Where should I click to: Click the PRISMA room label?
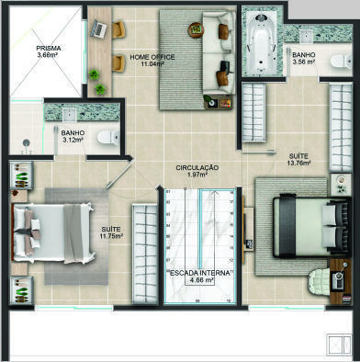point(49,49)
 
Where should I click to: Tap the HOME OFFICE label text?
point(152,57)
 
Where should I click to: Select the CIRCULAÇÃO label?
point(197,168)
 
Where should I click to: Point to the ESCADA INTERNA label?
point(199,273)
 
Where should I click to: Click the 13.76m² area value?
point(298,163)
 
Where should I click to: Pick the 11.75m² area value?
point(111,236)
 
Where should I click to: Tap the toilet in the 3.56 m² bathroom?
point(342,61)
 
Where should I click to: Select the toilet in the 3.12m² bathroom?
point(108,138)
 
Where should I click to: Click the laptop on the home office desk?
point(99,28)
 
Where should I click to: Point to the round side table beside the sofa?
point(196,30)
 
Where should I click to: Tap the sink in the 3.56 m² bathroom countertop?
point(306,36)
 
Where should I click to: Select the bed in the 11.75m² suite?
point(52,233)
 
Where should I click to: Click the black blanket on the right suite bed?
point(287,226)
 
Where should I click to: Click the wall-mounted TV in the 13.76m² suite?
point(244,229)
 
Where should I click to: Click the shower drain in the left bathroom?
point(27,142)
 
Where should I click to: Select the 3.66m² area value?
point(49,55)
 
